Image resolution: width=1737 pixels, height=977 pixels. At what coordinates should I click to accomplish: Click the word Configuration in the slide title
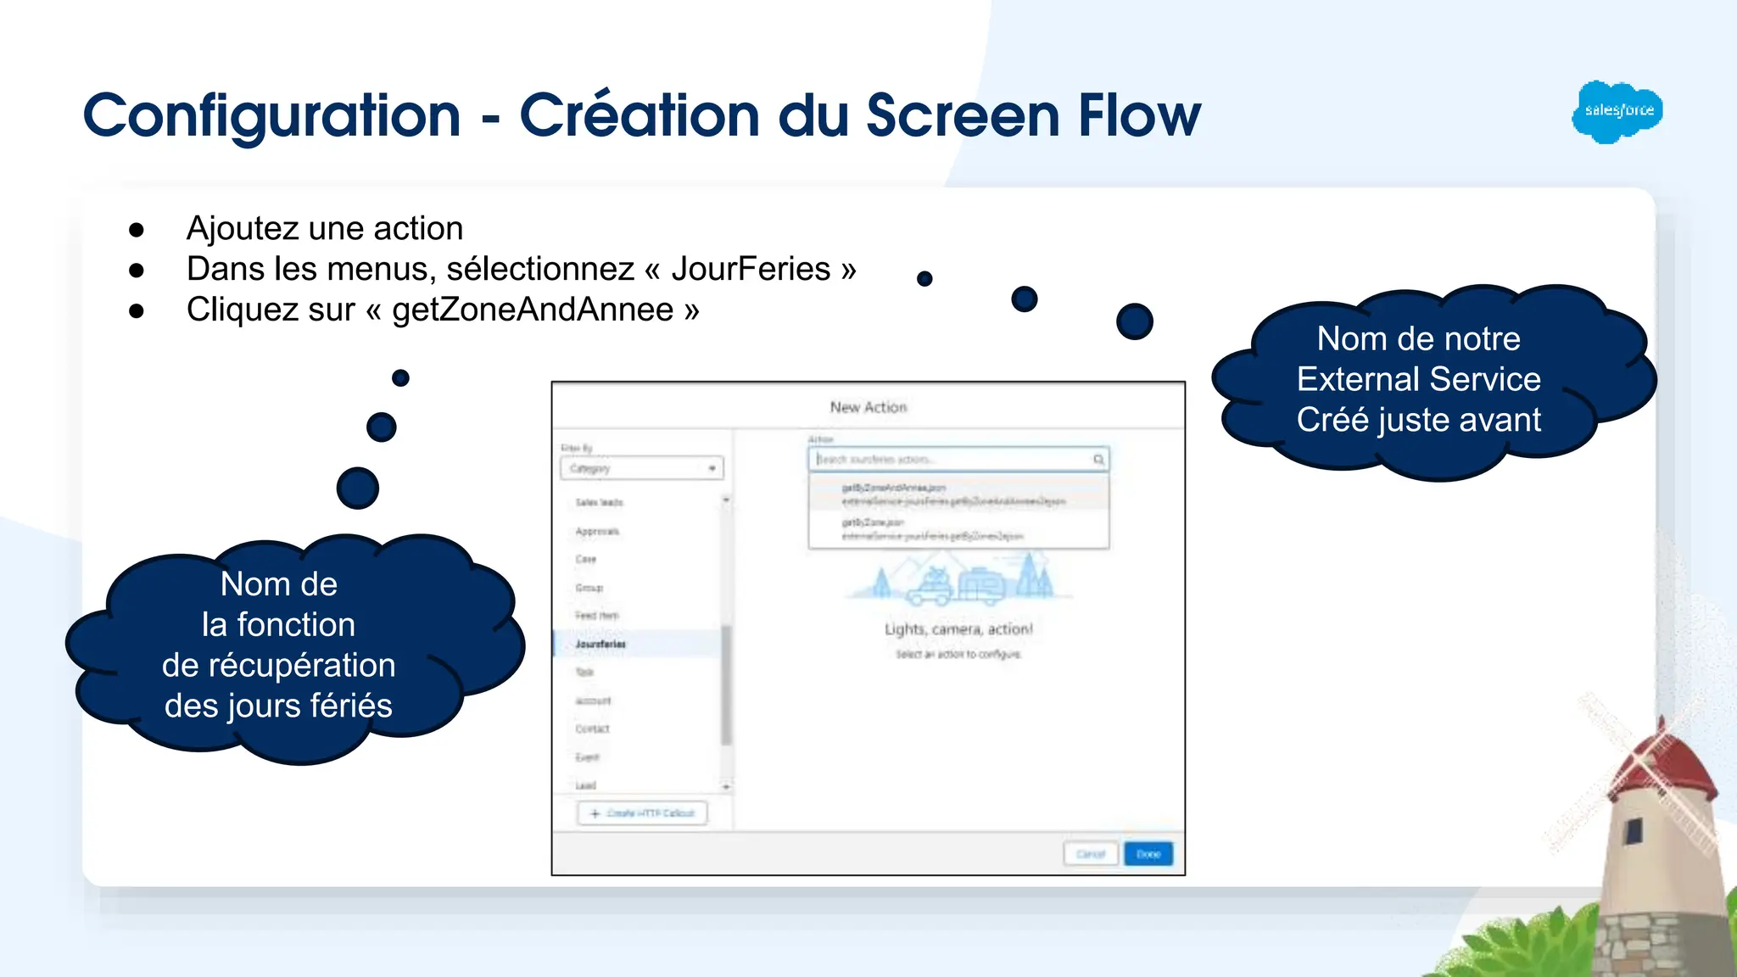pyautogui.click(x=271, y=116)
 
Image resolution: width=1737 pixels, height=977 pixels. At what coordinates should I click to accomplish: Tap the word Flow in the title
pyautogui.click(x=1139, y=116)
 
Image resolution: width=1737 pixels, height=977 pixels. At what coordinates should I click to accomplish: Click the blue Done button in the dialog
pyautogui.click(x=1148, y=854)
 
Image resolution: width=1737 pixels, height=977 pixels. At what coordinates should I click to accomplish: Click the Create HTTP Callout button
pyautogui.click(x=643, y=813)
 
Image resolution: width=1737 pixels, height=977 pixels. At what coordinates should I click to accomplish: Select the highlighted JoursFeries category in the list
pyautogui.click(x=600, y=644)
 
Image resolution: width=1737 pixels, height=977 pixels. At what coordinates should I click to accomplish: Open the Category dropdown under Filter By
pyautogui.click(x=642, y=468)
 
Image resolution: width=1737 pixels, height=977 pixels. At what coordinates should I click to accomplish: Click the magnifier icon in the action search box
pyautogui.click(x=1098, y=460)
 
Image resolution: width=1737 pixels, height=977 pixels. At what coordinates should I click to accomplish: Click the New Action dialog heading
pyautogui.click(x=868, y=408)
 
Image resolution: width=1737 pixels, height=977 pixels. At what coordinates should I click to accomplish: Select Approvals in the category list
pyautogui.click(x=597, y=532)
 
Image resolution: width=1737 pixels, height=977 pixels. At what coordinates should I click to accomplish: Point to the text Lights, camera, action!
pyautogui.click(x=958, y=629)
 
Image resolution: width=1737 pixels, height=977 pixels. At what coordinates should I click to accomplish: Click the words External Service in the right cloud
pyautogui.click(x=1418, y=379)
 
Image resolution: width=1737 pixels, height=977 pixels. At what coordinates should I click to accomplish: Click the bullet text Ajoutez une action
pyautogui.click(x=325, y=228)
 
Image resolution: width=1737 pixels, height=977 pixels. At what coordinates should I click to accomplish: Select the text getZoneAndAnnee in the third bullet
pyautogui.click(x=532, y=310)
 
